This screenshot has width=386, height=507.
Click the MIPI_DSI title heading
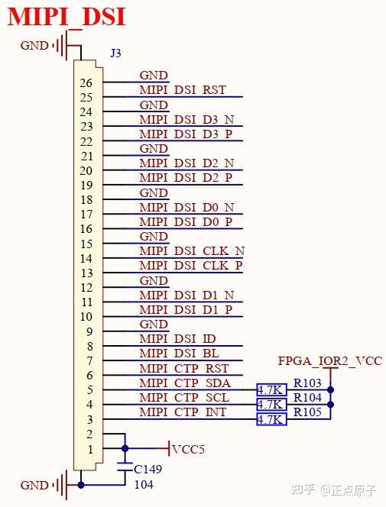pos(67,16)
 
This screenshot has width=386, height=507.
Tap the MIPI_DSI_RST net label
pos(183,90)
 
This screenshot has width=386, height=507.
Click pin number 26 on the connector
pos(86,82)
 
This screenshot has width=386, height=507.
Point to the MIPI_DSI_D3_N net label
pos(187,119)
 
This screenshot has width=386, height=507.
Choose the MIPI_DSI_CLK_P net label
pos(191,266)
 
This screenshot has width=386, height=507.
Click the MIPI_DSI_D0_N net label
pos(187,207)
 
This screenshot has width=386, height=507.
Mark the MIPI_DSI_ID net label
pos(178,338)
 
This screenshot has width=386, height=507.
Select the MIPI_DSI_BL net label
pos(179,354)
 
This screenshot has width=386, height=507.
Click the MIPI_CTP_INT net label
pos(183,412)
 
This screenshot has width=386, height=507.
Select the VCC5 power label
pos(188,449)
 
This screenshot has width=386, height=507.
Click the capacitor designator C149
pos(149,469)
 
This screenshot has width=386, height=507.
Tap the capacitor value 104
pos(144,484)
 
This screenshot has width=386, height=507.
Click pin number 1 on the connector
pos(89,449)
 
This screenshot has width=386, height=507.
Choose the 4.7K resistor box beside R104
pos(271,405)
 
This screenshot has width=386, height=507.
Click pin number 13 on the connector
pos(86,273)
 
